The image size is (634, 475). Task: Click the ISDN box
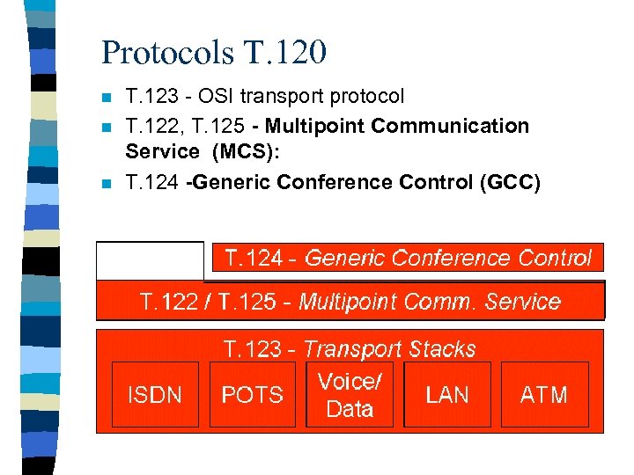155,395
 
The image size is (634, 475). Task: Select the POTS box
252,395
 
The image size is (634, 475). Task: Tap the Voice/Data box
350,395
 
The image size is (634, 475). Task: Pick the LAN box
447,395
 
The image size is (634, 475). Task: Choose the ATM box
544,395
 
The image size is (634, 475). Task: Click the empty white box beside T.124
151,260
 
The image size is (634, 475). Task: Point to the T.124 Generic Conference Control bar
409,258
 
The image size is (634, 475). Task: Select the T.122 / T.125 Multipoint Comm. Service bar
350,302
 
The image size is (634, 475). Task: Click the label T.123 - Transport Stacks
350,349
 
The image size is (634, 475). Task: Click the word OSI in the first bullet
215,95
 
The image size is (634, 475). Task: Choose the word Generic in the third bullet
231,182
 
